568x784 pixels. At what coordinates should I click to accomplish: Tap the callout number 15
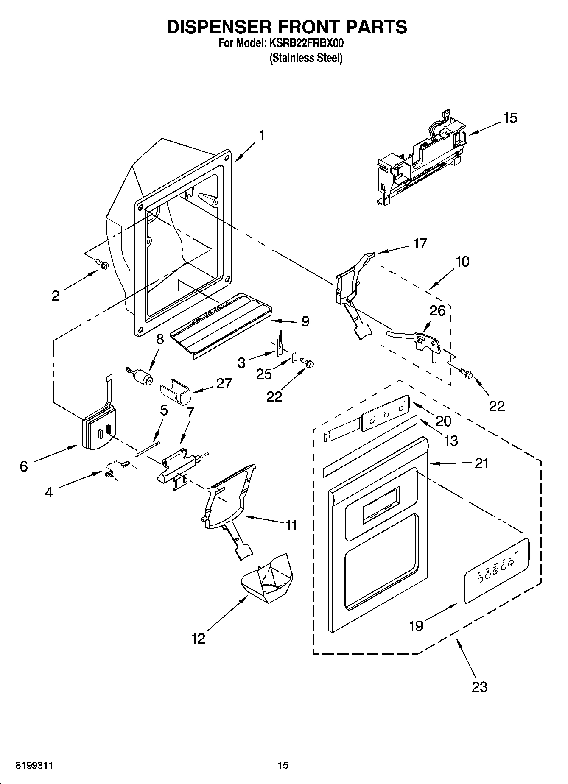pos(510,118)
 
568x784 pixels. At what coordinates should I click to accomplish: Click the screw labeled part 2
pos(102,264)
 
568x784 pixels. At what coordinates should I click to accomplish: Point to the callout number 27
pos(224,384)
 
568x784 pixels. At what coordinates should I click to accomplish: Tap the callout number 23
pos(479,686)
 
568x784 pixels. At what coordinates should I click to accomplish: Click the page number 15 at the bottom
pos(283,765)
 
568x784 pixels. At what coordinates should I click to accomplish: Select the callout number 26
pos(437,311)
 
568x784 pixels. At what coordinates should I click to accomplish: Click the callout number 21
pos(481,463)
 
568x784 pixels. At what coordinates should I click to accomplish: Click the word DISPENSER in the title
pos(218,27)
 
